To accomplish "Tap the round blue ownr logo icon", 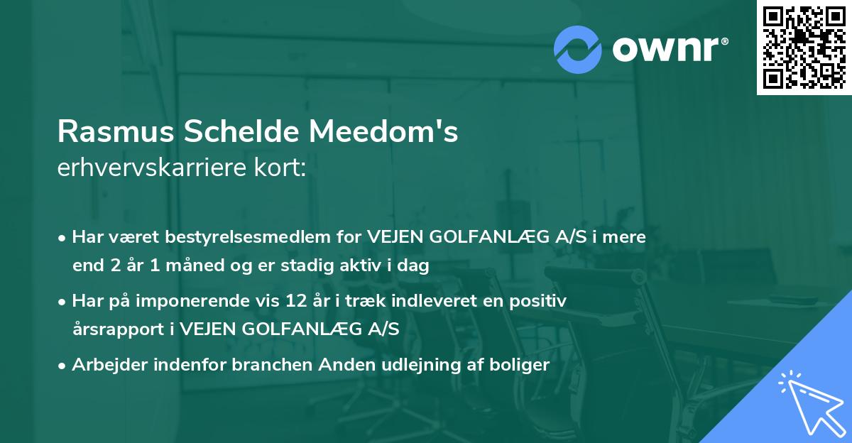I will (x=578, y=50).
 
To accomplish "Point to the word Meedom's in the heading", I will (x=383, y=133).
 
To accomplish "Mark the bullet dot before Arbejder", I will (x=63, y=366).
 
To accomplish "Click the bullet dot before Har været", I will (x=63, y=238).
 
